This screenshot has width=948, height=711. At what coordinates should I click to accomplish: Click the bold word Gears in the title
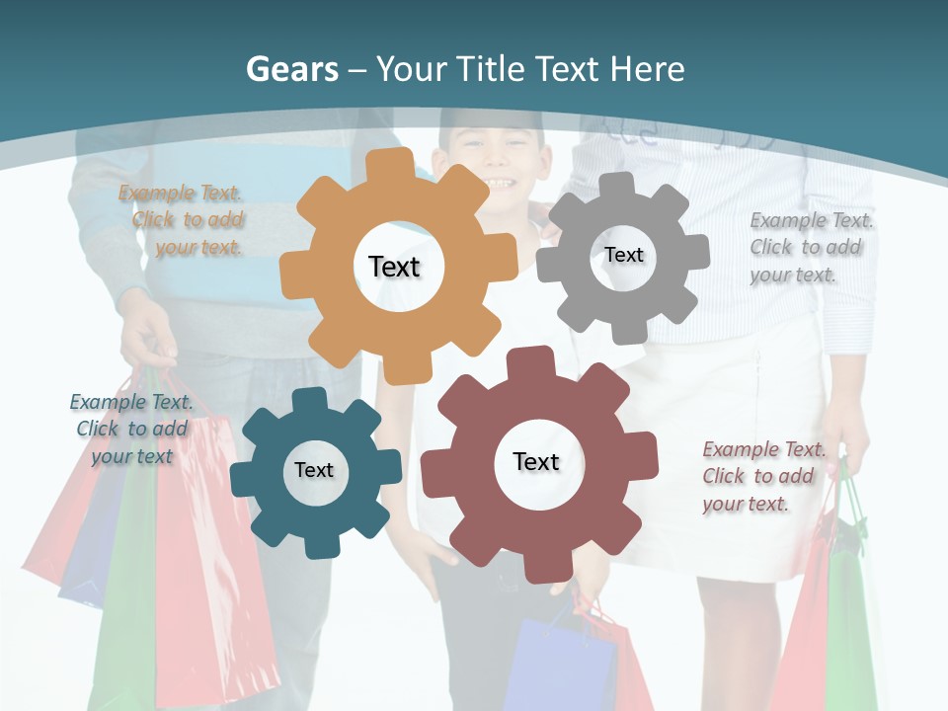click(x=291, y=69)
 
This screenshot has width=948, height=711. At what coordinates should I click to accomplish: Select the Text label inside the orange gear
click(x=394, y=267)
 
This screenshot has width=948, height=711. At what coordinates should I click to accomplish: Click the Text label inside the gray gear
click(x=623, y=255)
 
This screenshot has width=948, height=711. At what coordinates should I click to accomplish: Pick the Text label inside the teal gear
click(x=314, y=470)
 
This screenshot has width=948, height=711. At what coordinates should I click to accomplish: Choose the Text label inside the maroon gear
click(x=536, y=461)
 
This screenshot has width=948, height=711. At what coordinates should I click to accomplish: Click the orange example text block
click(x=183, y=220)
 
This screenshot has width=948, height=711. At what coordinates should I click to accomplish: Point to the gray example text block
click(x=810, y=247)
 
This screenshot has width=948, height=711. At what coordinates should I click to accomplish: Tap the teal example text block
click(x=131, y=429)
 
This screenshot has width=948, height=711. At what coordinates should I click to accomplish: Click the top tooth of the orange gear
click(x=398, y=165)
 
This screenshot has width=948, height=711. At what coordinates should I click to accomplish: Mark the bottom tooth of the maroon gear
click(x=541, y=568)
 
